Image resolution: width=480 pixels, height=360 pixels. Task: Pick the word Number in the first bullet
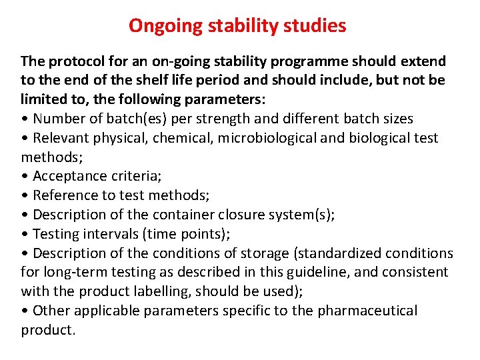pyautogui.click(x=58, y=119)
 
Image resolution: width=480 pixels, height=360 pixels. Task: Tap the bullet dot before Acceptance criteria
pyautogui.click(x=25, y=177)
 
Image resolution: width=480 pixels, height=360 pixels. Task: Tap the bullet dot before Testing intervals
pyautogui.click(x=25, y=235)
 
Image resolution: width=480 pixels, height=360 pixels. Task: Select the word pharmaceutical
pyautogui.click(x=367, y=311)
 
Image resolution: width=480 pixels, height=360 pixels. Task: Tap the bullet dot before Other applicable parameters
pyautogui.click(x=25, y=311)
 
